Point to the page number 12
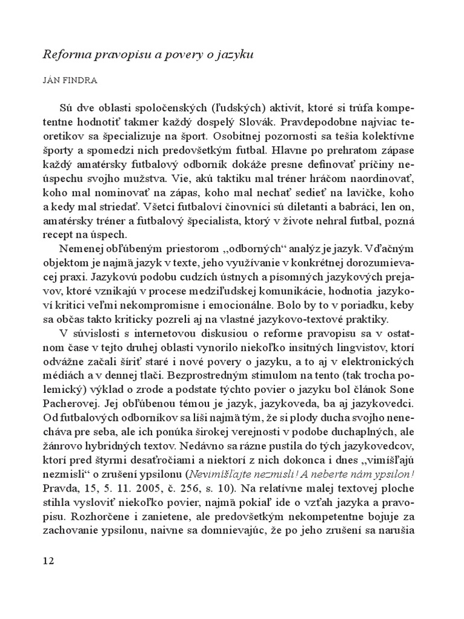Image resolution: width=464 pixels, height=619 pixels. tap(49, 560)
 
